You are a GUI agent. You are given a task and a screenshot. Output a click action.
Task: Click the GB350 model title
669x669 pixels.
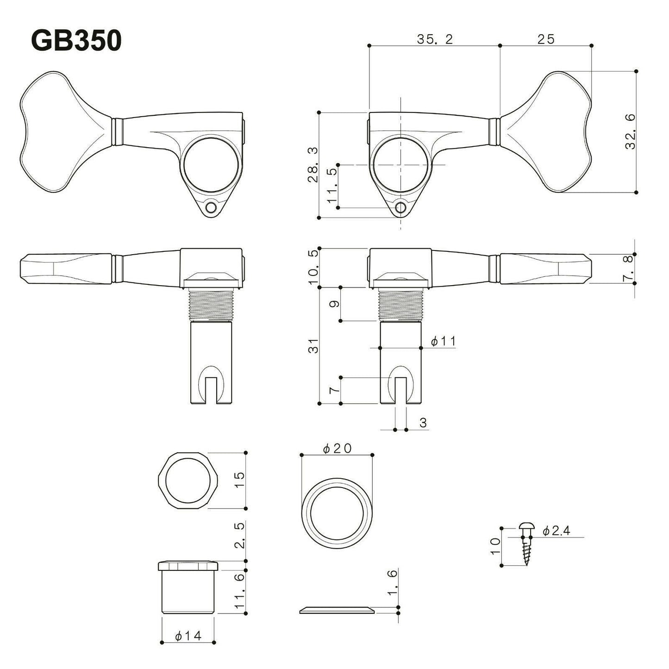[76, 41]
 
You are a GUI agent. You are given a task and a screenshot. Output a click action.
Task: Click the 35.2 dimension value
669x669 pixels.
[434, 39]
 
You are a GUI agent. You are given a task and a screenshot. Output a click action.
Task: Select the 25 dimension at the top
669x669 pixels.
[546, 39]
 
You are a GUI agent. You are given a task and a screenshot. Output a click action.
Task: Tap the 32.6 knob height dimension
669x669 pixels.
[630, 131]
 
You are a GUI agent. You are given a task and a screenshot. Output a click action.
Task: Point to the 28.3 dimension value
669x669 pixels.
[313, 165]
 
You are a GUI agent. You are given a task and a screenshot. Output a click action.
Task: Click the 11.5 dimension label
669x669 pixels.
[332, 186]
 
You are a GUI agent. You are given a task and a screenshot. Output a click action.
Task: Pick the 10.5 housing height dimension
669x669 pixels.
[313, 268]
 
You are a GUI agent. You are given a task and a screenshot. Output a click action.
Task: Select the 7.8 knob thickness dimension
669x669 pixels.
[628, 269]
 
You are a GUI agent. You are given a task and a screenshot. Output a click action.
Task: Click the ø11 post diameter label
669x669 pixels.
[443, 342]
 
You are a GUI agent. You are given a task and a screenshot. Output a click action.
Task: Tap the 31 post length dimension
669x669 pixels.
[314, 345]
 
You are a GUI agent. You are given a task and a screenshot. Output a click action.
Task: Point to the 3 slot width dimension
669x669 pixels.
[423, 422]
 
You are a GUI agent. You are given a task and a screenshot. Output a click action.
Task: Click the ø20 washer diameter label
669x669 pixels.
[338, 448]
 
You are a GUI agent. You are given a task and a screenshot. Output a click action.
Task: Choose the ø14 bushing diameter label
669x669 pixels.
[188, 636]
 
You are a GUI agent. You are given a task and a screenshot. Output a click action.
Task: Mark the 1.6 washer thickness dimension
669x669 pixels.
[392, 582]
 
